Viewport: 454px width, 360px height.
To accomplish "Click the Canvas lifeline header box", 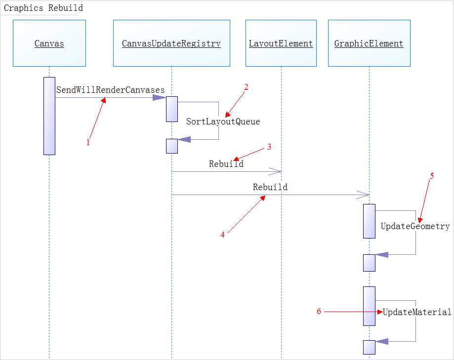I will pos(49,43).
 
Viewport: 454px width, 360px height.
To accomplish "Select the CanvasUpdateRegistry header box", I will pos(171,43).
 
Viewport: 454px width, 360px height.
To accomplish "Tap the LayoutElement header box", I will pos(281,43).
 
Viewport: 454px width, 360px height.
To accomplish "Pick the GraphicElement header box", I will pos(369,43).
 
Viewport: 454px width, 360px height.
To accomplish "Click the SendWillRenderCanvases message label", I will pos(110,90).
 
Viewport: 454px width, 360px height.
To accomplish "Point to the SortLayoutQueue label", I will pos(223,121).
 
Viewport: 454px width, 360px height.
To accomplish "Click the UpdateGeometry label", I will pos(415,226).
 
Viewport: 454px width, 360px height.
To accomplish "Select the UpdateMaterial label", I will pos(417,312).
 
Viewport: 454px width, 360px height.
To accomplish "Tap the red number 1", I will pos(88,143).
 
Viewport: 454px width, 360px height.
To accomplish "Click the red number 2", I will pos(246,87).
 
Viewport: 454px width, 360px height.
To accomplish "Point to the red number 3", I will pos(269,147).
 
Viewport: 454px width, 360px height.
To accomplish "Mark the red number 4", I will pos(222,235).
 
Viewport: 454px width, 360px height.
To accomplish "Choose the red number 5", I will pos(432,176).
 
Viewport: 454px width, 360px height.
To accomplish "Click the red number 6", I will pos(319,311).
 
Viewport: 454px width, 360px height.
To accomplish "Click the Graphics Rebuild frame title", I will pos(43,8).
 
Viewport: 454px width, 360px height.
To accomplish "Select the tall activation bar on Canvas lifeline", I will pos(49,116).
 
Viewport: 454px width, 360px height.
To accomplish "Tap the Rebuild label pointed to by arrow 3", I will pos(226,164).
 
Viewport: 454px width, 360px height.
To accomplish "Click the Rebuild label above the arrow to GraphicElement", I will pos(270,187).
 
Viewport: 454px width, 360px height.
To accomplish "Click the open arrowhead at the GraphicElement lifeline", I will pos(364,195).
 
